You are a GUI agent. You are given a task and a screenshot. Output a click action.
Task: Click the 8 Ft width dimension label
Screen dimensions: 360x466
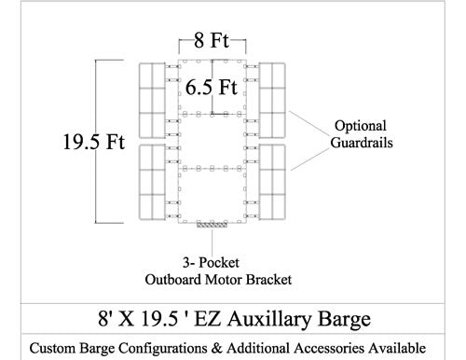coord(212,41)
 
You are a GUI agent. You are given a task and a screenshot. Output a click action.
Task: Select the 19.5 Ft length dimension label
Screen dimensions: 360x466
coord(90,144)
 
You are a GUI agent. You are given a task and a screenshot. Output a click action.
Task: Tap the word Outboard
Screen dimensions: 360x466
coord(176,279)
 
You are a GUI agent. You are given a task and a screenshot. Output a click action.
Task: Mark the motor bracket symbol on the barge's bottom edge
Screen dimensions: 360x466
coord(213,225)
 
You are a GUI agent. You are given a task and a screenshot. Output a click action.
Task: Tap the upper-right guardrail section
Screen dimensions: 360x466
coord(273,99)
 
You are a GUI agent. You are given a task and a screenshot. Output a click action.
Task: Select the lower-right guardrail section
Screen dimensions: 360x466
coord(273,182)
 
